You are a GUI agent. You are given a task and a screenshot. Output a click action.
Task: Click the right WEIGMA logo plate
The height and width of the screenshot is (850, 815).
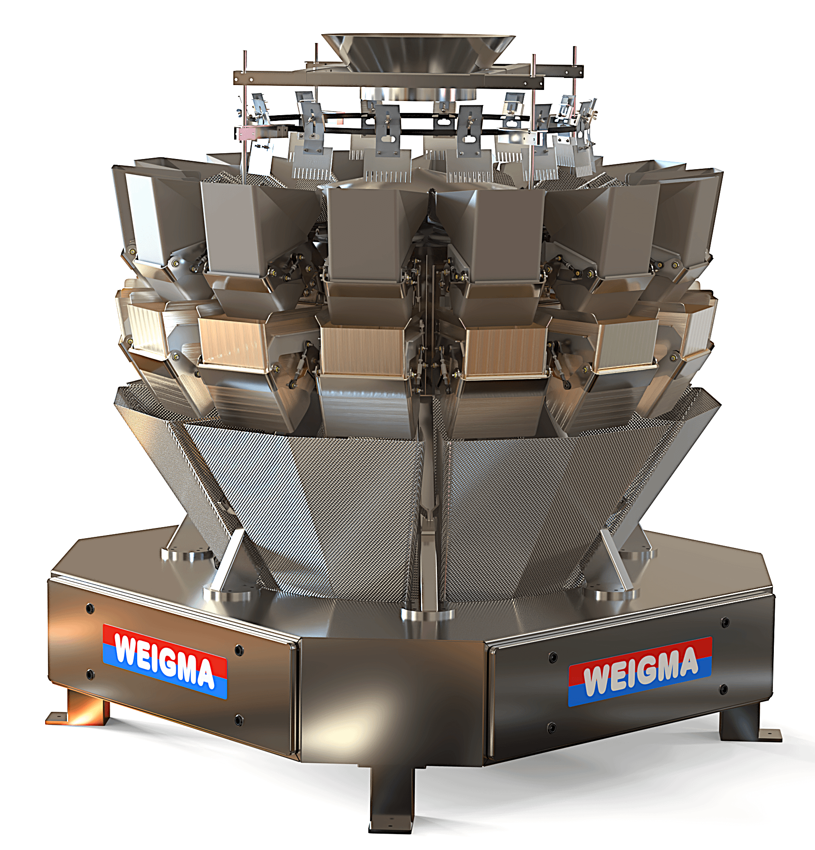tap(640, 671)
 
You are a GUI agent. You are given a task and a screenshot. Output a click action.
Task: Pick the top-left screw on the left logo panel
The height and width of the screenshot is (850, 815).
tap(90, 608)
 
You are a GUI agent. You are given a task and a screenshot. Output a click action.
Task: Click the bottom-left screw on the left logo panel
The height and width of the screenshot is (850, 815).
tap(90, 675)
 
